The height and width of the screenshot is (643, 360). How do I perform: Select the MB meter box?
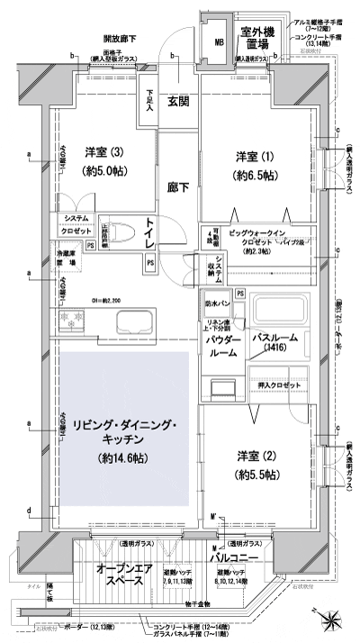point(218,41)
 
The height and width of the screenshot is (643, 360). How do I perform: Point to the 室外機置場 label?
point(256,38)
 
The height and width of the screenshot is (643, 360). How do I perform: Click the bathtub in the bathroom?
point(279,311)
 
